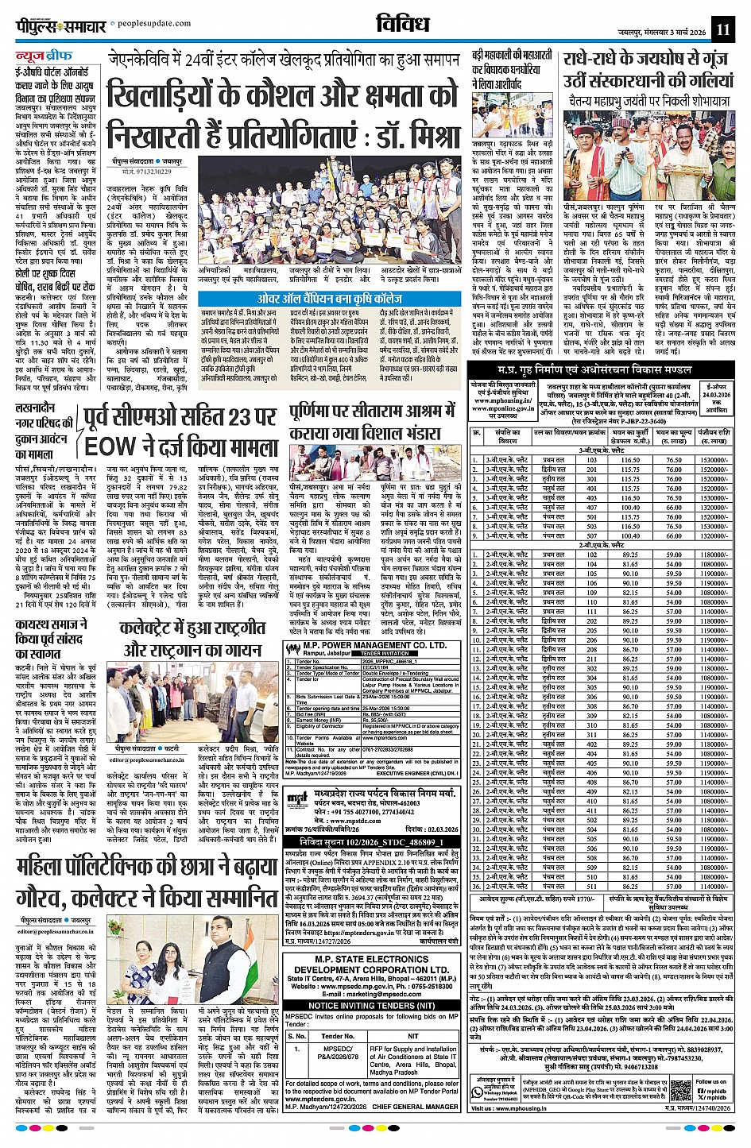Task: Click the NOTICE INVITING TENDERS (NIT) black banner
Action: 371,1004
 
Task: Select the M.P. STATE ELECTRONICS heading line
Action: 371,960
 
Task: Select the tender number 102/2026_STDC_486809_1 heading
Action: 371,841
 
